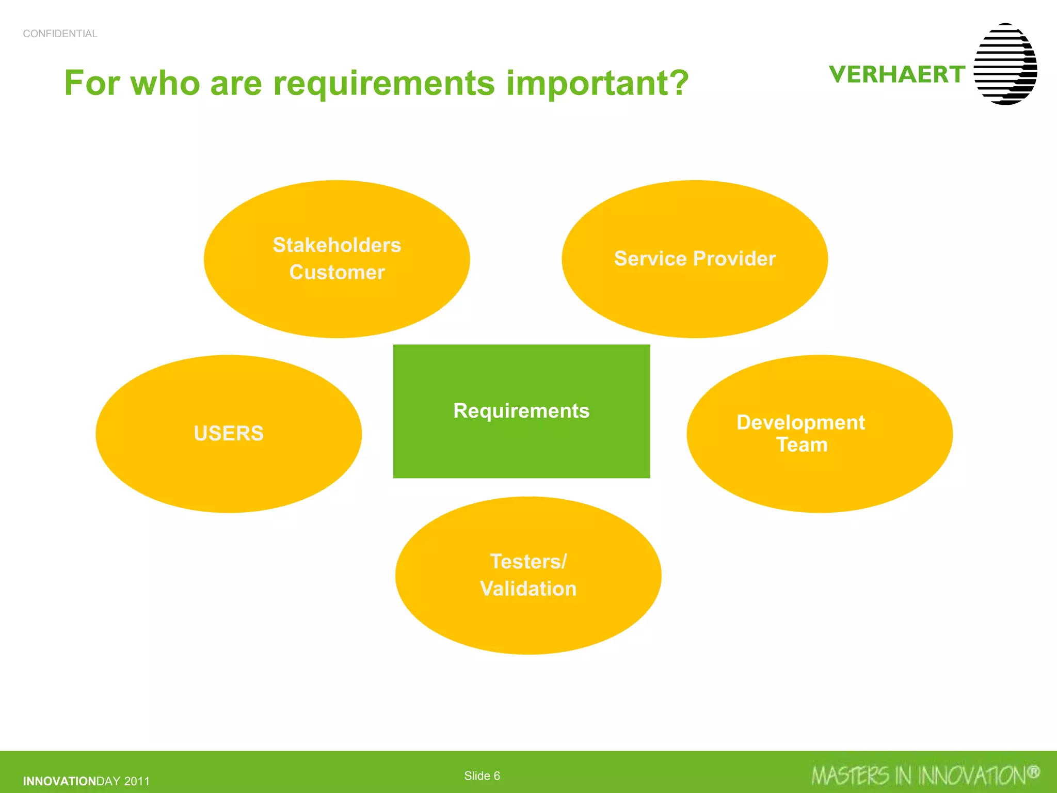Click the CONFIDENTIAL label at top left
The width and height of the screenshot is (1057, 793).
pos(60,34)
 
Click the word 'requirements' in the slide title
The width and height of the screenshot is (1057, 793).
pos(384,83)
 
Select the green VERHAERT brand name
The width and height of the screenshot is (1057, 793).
pos(897,74)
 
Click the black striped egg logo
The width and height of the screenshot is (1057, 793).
pos(1005,64)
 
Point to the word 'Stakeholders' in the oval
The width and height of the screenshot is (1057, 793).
pos(337,245)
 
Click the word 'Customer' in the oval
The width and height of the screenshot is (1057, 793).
pos(337,273)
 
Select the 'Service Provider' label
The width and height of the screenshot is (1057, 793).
pos(695,259)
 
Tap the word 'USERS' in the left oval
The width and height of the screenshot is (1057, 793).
pos(229,433)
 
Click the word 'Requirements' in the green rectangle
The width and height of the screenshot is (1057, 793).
pos(521,411)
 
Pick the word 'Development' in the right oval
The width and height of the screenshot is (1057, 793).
pos(800,422)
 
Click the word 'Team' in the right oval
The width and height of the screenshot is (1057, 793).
pos(802,445)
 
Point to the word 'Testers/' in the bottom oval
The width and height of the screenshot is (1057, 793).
pos(528,562)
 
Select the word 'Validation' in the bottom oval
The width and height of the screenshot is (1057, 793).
pos(528,589)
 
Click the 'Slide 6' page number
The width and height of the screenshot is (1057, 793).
pos(482,776)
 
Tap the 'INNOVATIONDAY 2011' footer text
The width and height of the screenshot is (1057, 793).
pos(86,781)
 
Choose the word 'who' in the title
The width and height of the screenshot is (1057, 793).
pos(165,83)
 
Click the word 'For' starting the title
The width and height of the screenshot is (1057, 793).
pos(92,83)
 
